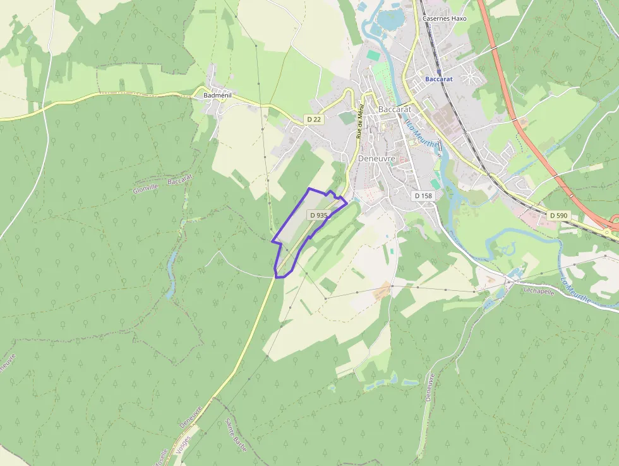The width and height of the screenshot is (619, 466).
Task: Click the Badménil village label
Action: tap(217, 95)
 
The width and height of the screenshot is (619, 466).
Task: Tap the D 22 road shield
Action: tap(314, 119)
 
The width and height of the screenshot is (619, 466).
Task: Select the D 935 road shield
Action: tap(319, 215)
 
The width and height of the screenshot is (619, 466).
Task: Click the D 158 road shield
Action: tap(423, 196)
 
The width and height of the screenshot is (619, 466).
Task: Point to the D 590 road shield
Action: tap(558, 216)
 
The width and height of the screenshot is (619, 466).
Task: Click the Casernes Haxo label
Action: tap(443, 18)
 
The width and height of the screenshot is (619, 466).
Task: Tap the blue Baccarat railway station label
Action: tap(439, 79)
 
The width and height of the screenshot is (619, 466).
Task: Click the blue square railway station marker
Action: tap(438, 71)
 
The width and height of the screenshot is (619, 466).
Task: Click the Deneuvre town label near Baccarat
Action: tap(376, 158)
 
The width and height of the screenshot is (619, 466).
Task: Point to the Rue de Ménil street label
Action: tap(360, 121)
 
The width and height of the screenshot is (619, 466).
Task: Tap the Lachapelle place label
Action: tap(538, 290)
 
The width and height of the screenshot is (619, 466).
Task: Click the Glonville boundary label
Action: tap(144, 189)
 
